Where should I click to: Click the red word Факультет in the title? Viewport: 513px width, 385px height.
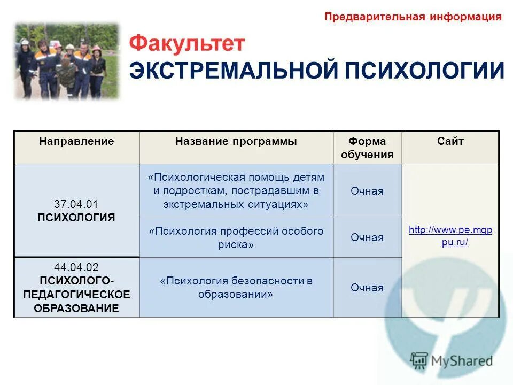point(186,43)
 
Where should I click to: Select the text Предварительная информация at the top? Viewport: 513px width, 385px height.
point(413,17)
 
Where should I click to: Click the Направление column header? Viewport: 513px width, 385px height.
point(76,142)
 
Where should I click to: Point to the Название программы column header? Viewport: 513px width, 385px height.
point(236,142)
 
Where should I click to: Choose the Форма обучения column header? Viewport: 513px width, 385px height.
point(367,148)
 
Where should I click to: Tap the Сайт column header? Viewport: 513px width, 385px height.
point(450,142)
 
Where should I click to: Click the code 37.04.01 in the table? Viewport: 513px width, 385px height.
point(76,204)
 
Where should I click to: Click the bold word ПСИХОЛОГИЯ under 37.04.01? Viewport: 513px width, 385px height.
point(76,218)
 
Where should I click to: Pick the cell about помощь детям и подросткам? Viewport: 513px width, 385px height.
point(236,191)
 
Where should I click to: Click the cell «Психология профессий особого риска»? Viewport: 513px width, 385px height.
point(236,237)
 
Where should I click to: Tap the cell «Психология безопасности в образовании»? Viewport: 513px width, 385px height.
point(236,288)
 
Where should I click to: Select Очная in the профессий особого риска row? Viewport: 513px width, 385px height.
point(367,237)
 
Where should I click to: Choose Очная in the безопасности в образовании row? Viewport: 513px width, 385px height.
point(367,288)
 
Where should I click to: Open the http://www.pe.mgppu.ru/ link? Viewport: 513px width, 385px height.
point(450,236)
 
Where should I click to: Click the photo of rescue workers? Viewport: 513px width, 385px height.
point(67,60)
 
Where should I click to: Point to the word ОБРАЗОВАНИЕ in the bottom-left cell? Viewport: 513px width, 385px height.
point(76,308)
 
